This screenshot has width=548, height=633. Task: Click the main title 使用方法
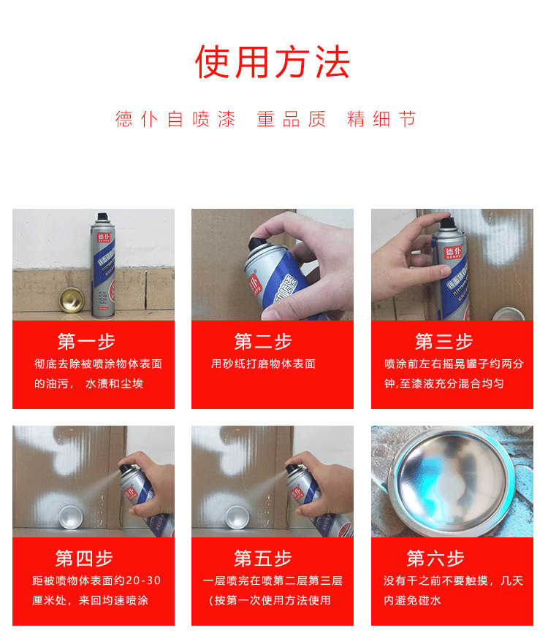(273, 62)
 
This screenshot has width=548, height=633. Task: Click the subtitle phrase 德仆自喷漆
(175, 119)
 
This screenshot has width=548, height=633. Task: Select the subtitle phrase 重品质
(291, 119)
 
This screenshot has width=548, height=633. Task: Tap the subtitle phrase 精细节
(381, 119)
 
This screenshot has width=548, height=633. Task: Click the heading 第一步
(86, 342)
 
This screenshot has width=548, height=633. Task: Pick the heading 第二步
(263, 342)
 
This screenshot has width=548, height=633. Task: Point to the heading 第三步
(444, 342)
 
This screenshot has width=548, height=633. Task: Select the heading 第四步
(84, 559)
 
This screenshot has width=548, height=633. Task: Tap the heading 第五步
(263, 559)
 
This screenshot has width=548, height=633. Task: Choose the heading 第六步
(435, 559)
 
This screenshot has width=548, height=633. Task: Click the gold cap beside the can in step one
(72, 300)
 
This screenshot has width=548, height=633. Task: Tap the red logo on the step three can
(453, 253)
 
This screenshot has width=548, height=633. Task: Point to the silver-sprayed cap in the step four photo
(71, 517)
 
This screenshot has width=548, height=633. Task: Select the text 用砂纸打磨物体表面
(263, 364)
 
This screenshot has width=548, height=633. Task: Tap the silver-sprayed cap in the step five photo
(237, 517)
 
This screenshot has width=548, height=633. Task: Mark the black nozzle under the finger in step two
(258, 245)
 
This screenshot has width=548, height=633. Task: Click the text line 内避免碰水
(412, 600)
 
